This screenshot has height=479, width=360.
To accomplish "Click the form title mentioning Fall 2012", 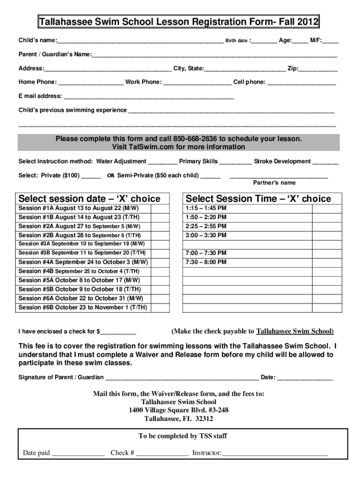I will tap(179, 22).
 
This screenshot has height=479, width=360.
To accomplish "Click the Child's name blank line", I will tap(140, 42).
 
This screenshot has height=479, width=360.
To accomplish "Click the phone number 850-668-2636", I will tap(195, 139).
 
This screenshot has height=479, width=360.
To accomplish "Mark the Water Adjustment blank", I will tap(162, 163).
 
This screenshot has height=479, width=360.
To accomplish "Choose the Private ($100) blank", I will tap(91, 177).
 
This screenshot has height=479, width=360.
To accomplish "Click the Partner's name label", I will tap(274, 183).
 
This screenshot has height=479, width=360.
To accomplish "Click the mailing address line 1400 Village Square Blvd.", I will tap(179, 410).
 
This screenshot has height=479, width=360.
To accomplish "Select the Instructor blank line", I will tap(274, 454).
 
